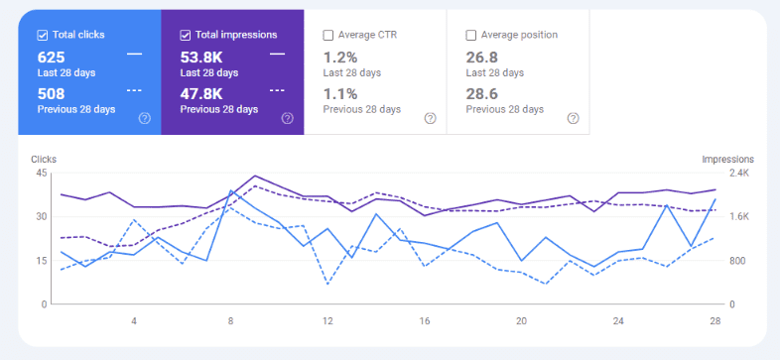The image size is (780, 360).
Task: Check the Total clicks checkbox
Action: coord(43,35)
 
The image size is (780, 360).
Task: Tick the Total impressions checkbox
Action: coord(186,35)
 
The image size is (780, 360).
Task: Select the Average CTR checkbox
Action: coord(328,35)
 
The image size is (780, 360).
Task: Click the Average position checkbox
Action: coord(471,35)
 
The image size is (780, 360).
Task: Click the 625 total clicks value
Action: coord(52,57)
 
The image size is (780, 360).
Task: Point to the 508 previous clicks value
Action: coord(52,93)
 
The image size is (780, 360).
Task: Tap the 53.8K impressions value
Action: coord(201,57)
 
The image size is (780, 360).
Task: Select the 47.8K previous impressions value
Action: coord(201,93)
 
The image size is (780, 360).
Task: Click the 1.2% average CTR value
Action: coord(340,57)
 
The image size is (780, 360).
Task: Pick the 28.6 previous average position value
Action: coord(483,93)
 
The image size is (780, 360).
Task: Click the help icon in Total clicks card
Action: coord(145,118)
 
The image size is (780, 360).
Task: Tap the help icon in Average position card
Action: coord(573,118)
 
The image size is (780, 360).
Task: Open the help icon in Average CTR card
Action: coord(430,118)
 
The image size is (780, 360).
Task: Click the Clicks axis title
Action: coord(45,159)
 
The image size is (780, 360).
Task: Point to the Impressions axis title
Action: coord(727,159)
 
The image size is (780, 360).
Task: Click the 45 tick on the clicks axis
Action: coord(41,173)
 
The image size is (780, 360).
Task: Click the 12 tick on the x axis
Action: coord(326,320)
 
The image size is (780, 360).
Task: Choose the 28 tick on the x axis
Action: coord(715,320)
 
